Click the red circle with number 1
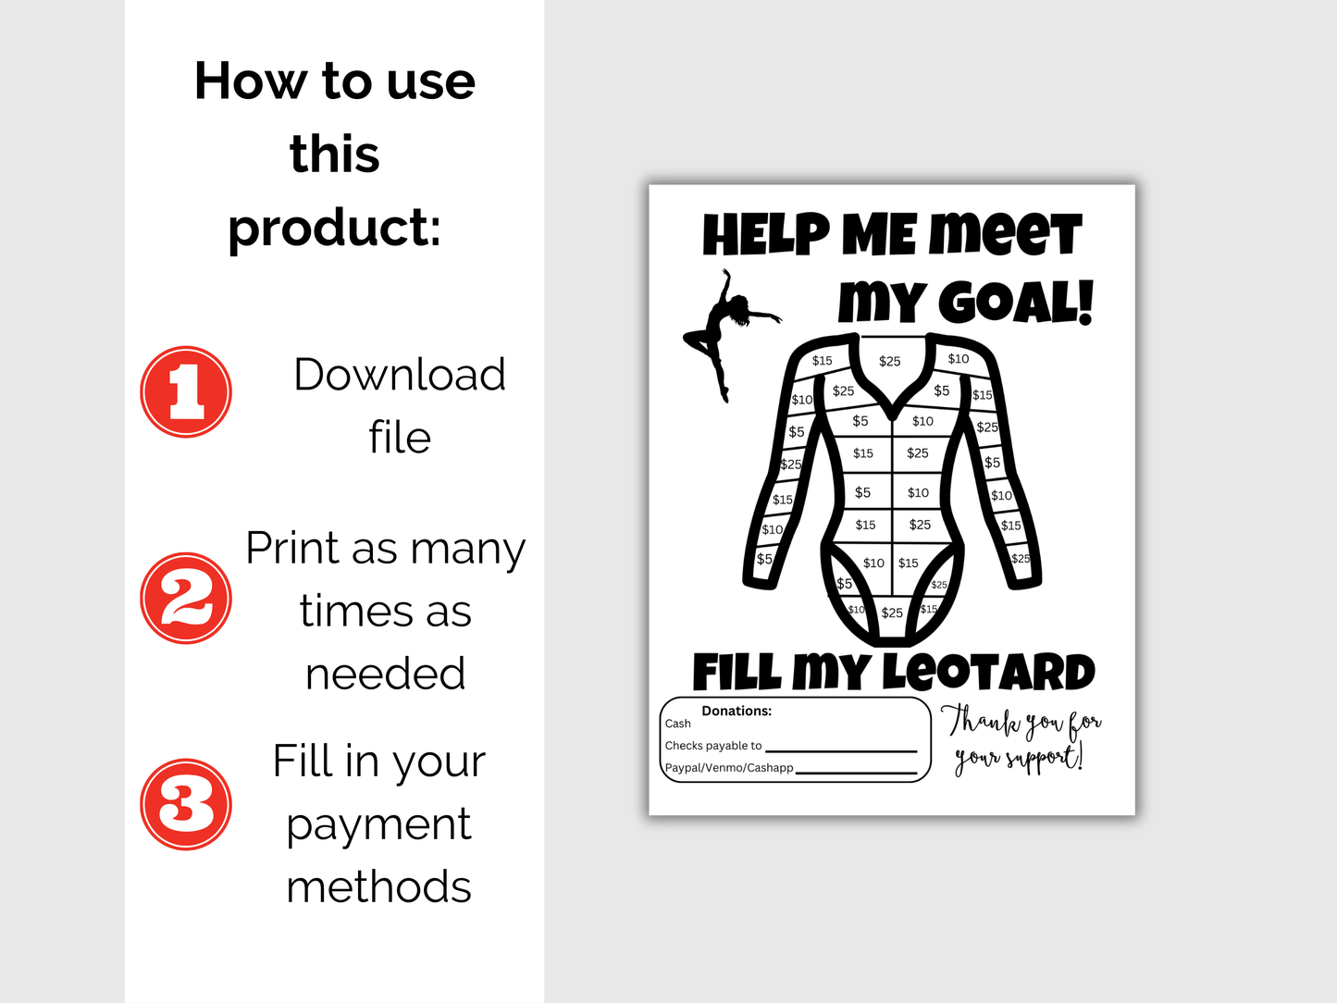tap(186, 392)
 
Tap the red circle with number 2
tap(186, 599)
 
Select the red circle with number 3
tap(186, 804)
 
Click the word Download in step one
tap(399, 375)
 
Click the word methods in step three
tap(378, 886)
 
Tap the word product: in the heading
tap(334, 228)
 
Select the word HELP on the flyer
tap(766, 235)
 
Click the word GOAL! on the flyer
tap(1015, 303)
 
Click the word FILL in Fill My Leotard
tap(737, 673)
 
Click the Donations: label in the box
tap(737, 711)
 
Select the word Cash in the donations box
tap(677, 724)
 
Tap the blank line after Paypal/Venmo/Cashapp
tap(856, 771)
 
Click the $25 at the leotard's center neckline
tap(889, 361)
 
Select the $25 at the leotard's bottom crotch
tap(892, 613)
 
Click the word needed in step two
tap(385, 674)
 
